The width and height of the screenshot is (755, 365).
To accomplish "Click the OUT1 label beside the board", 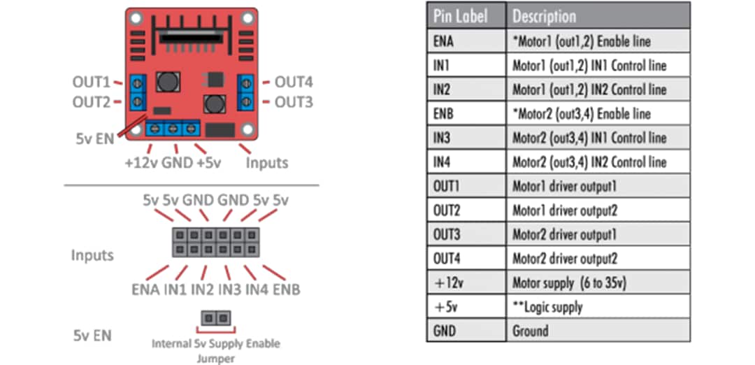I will coord(92,82).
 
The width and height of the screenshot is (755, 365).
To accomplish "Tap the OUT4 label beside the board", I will coord(293,82).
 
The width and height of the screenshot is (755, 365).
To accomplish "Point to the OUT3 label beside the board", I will coord(293,102).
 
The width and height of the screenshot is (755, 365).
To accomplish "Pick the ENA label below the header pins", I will coord(145,289).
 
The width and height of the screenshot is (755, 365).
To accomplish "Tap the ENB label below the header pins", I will coord(287,289).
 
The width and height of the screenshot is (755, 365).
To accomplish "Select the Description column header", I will coord(545,16).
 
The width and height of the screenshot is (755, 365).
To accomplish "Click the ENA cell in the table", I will coord(443,41).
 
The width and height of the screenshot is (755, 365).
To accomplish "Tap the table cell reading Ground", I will coord(531,330).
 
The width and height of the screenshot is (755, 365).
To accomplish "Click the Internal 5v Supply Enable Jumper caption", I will coord(215,350).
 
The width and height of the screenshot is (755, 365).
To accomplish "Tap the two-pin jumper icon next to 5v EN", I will coord(215,318).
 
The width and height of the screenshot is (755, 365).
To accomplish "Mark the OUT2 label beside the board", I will coord(92,102).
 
